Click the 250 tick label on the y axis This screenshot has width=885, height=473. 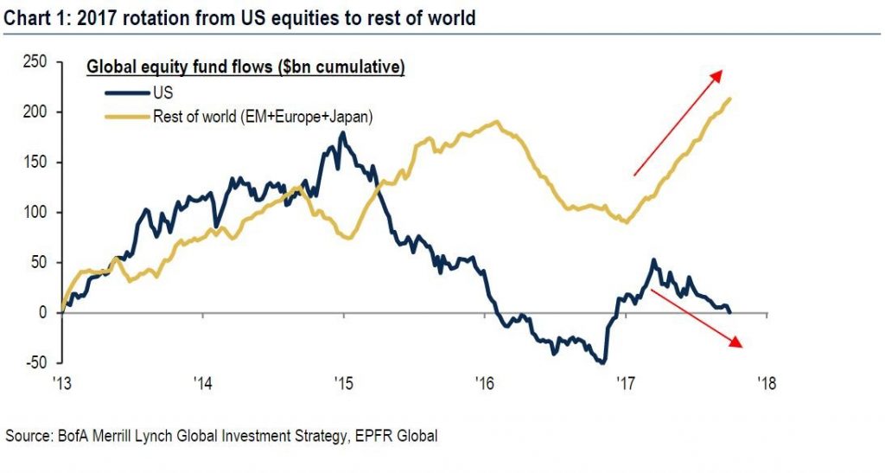point(34,62)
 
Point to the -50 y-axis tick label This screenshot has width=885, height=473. point(34,362)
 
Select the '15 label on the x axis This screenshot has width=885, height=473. point(343,382)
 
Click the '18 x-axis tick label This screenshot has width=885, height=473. point(764,382)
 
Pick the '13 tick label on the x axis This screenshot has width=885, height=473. point(62,382)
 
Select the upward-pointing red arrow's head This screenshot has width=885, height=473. point(717,74)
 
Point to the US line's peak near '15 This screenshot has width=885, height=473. point(342,133)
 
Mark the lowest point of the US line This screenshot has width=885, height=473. point(602,362)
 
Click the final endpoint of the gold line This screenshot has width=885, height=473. point(731,99)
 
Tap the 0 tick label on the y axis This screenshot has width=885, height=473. point(43,312)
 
